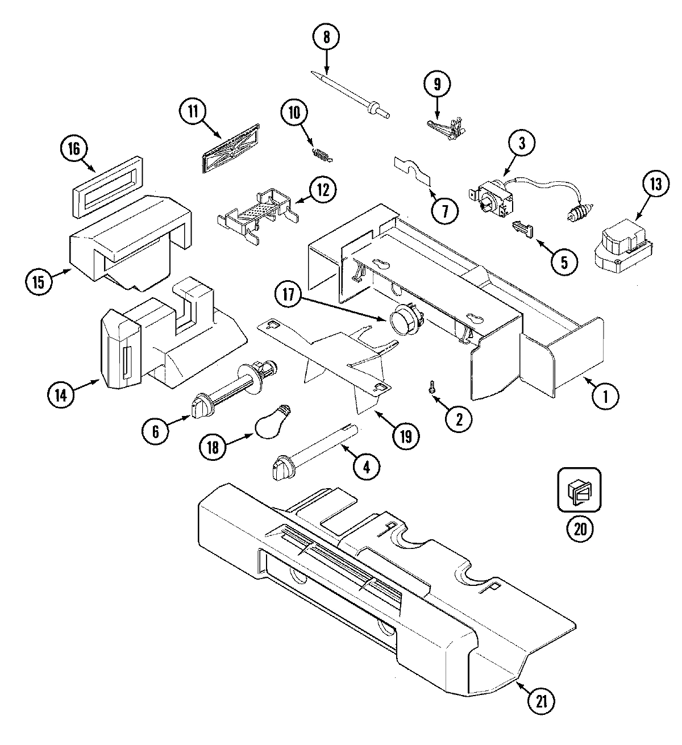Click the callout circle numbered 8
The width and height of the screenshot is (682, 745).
326,38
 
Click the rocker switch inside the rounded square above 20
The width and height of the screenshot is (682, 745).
579,490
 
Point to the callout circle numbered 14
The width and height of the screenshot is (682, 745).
61,396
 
